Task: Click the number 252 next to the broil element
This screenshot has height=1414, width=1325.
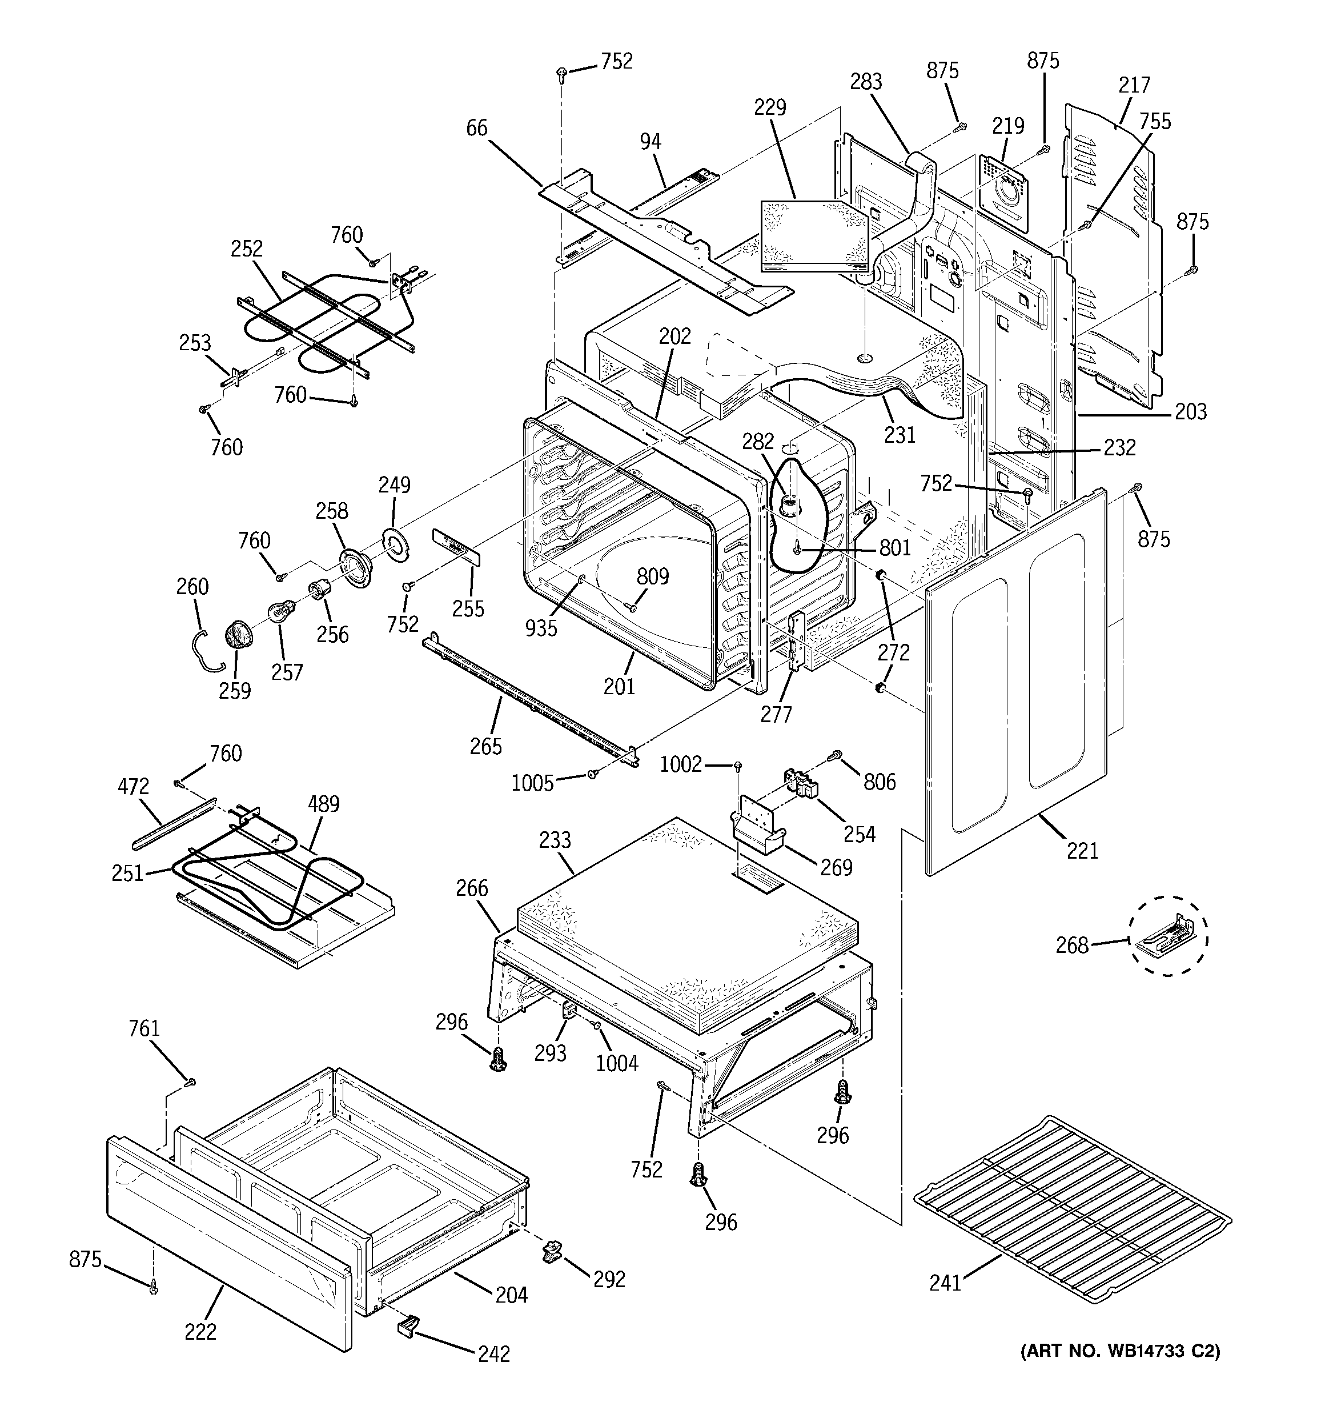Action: pos(246,249)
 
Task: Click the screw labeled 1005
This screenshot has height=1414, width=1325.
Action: pos(592,774)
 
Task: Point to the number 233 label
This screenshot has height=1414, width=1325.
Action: pos(554,840)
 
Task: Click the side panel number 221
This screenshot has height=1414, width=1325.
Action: pos(1082,850)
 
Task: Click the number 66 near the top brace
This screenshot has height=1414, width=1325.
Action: pos(476,128)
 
